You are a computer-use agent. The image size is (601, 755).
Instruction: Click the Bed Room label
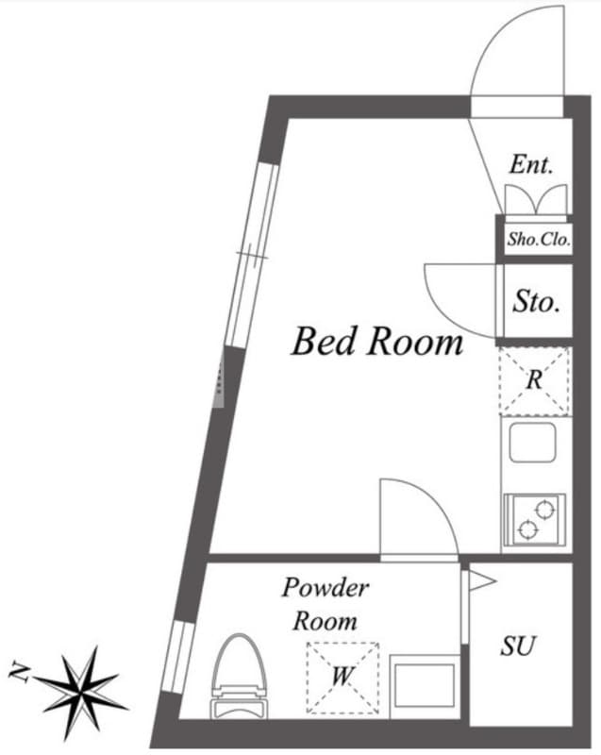coord(377,341)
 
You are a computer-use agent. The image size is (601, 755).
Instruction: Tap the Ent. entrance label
coord(531,164)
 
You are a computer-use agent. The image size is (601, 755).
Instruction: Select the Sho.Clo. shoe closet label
coord(539,239)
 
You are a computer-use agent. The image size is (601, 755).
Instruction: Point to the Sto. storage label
coord(536,301)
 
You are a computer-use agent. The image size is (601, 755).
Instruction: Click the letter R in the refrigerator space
coord(534,380)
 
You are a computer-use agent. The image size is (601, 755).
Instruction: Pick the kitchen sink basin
coord(533,443)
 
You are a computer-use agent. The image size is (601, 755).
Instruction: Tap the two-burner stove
coord(534,520)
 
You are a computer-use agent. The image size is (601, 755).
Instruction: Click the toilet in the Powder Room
coord(239,676)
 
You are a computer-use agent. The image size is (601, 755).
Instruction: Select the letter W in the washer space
coord(342,676)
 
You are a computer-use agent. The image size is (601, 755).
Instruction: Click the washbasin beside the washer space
coord(425,686)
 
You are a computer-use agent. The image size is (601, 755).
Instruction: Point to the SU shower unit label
coord(518,646)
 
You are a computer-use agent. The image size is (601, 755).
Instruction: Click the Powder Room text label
coord(326,604)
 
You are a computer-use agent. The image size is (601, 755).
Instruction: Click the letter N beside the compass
coord(19,671)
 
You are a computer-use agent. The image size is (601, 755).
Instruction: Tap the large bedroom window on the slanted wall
coord(252,255)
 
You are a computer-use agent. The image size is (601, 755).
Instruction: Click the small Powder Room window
coord(177,657)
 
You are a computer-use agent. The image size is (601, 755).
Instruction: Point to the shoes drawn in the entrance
coord(536,199)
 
